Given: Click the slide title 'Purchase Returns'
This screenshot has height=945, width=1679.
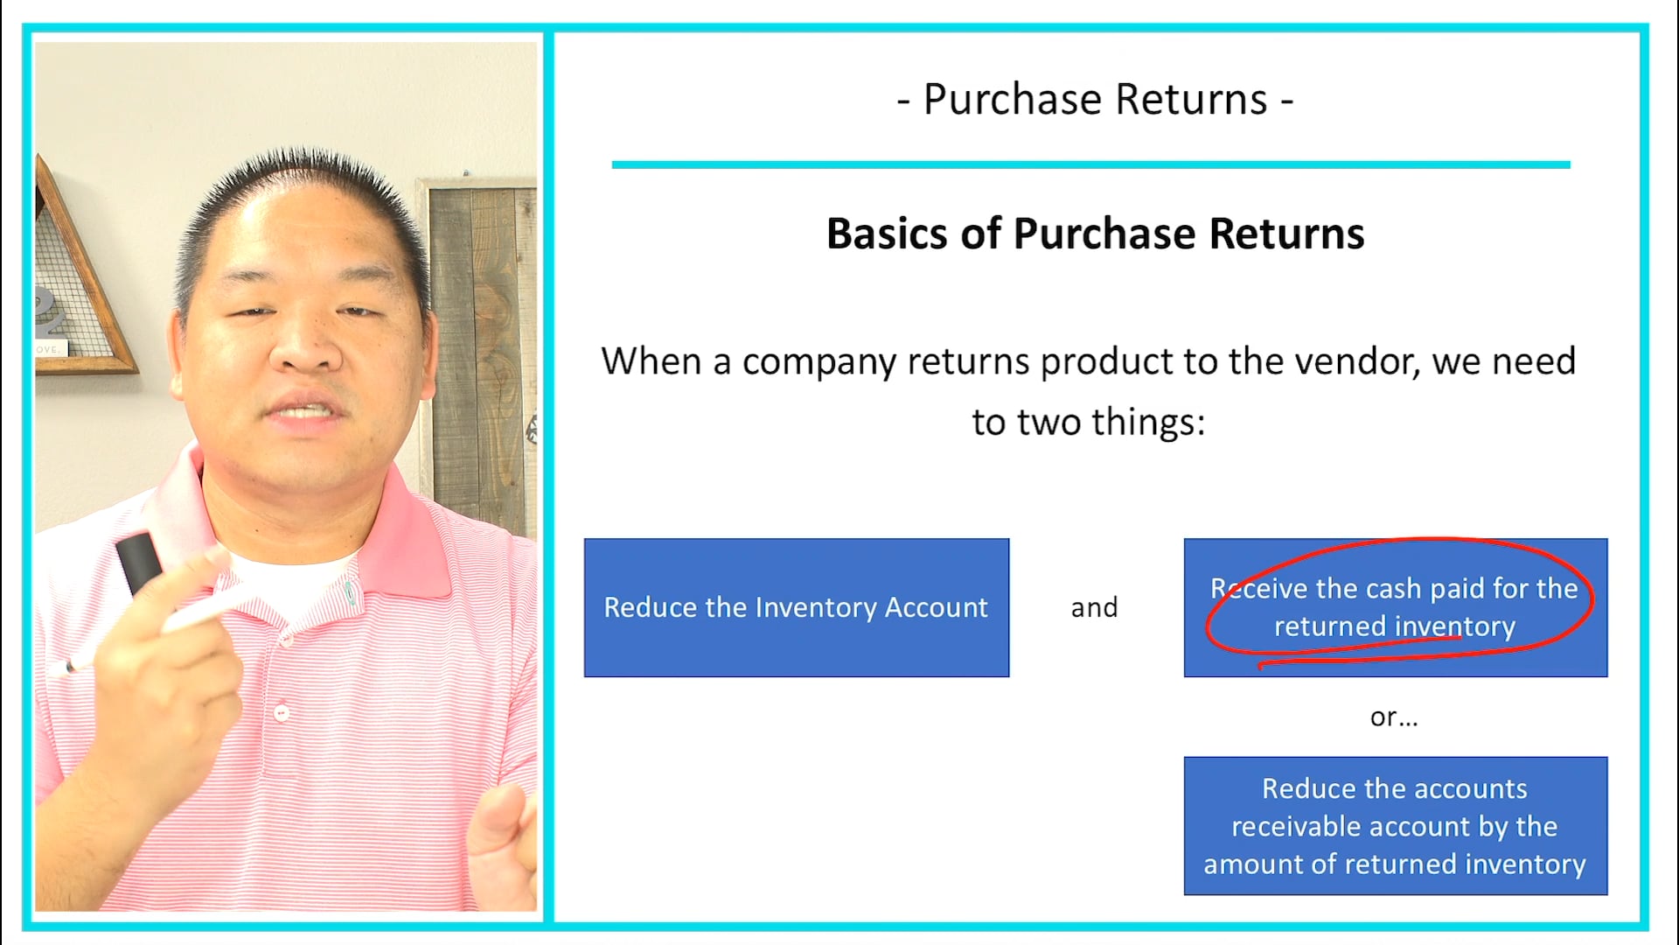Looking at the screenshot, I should [1095, 100].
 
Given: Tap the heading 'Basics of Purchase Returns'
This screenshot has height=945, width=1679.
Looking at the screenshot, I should [1095, 234].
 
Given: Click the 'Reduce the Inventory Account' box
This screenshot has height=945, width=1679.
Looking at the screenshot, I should [796, 607].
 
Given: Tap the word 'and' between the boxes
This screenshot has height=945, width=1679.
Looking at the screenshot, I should [1094, 607].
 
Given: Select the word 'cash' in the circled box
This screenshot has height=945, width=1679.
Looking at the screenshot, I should [1381, 589].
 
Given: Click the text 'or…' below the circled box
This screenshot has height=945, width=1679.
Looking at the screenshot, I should [1394, 717].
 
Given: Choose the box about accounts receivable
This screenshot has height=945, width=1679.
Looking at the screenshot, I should [1395, 826].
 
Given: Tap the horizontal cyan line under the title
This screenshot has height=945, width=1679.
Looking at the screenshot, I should [1090, 164].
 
